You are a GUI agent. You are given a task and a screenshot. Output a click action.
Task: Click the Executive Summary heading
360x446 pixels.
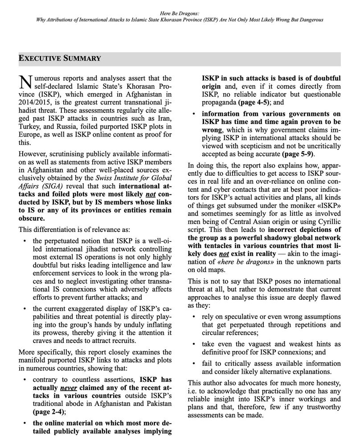pos(60,58)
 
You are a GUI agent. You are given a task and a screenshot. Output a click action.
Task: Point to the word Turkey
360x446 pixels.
pos(30,126)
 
